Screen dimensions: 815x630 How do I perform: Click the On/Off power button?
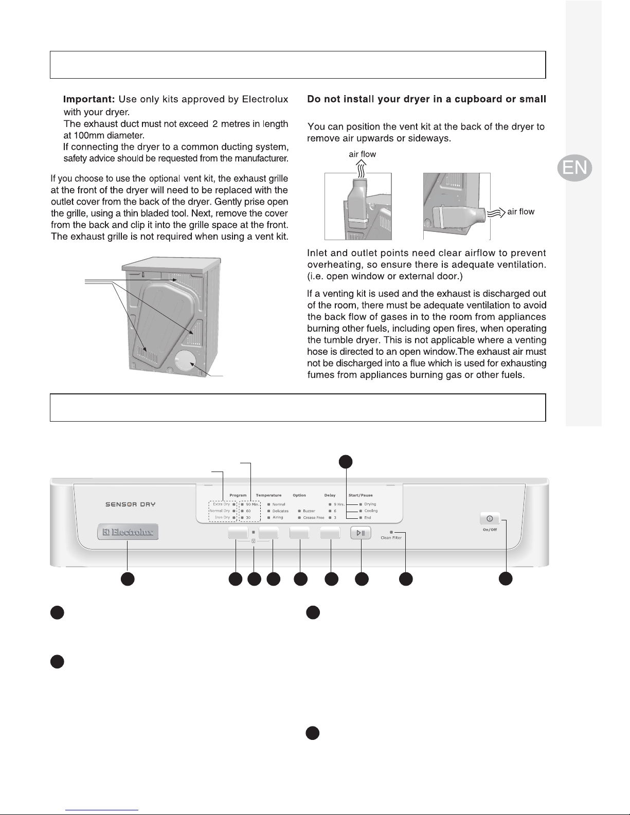click(489, 518)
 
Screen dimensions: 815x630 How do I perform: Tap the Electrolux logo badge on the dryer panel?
click(128, 532)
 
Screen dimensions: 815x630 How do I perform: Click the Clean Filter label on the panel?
click(391, 537)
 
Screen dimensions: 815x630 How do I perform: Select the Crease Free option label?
click(314, 518)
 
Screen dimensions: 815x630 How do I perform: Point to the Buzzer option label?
click(309, 511)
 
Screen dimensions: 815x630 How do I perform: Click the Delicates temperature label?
click(280, 511)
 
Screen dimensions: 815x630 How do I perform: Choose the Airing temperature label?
click(278, 517)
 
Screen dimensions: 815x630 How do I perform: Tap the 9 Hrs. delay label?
click(338, 504)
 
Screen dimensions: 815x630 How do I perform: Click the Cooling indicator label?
click(371, 511)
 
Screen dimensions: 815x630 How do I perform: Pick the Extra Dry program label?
click(221, 504)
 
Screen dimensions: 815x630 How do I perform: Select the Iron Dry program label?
click(222, 517)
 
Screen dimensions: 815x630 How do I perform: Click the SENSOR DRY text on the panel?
click(127, 504)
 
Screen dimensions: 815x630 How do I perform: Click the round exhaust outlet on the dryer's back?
click(184, 362)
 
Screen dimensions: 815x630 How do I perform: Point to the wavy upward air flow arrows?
click(362, 166)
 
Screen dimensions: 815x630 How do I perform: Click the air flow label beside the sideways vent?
click(520, 211)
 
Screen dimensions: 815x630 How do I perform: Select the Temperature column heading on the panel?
click(268, 495)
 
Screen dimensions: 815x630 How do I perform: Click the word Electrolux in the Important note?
click(265, 99)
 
